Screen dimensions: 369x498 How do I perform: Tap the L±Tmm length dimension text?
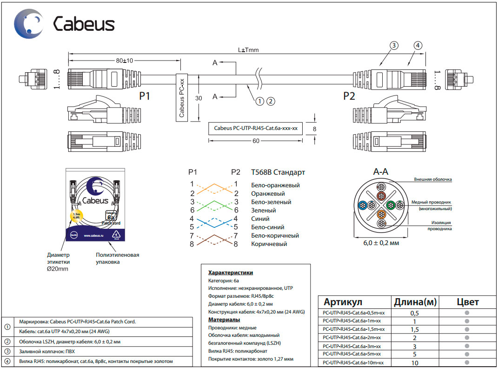coord(248,50)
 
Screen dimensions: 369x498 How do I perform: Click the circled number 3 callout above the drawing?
coord(394,45)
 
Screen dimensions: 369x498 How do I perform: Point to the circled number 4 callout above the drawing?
coord(418,45)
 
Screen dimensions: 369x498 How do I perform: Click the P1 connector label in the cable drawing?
coord(145,96)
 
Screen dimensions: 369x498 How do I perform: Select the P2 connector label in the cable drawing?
coord(349,96)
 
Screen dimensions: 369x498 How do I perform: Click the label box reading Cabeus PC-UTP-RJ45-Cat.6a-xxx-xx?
coord(255,128)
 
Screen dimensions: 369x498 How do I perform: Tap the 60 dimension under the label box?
coord(256,142)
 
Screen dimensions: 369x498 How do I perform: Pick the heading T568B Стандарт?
coord(278,172)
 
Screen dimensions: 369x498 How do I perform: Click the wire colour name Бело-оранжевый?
coord(275,185)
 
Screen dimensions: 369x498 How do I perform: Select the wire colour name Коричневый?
coord(269,244)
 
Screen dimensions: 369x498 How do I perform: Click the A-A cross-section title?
coord(381,171)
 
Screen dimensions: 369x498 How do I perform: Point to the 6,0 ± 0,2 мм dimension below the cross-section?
coord(381,242)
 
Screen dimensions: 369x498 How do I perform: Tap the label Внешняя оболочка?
coord(433,179)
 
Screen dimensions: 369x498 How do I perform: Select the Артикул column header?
coord(343,302)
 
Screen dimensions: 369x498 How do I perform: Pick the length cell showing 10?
coord(415,362)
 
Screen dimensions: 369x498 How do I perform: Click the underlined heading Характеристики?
coord(231,272)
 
